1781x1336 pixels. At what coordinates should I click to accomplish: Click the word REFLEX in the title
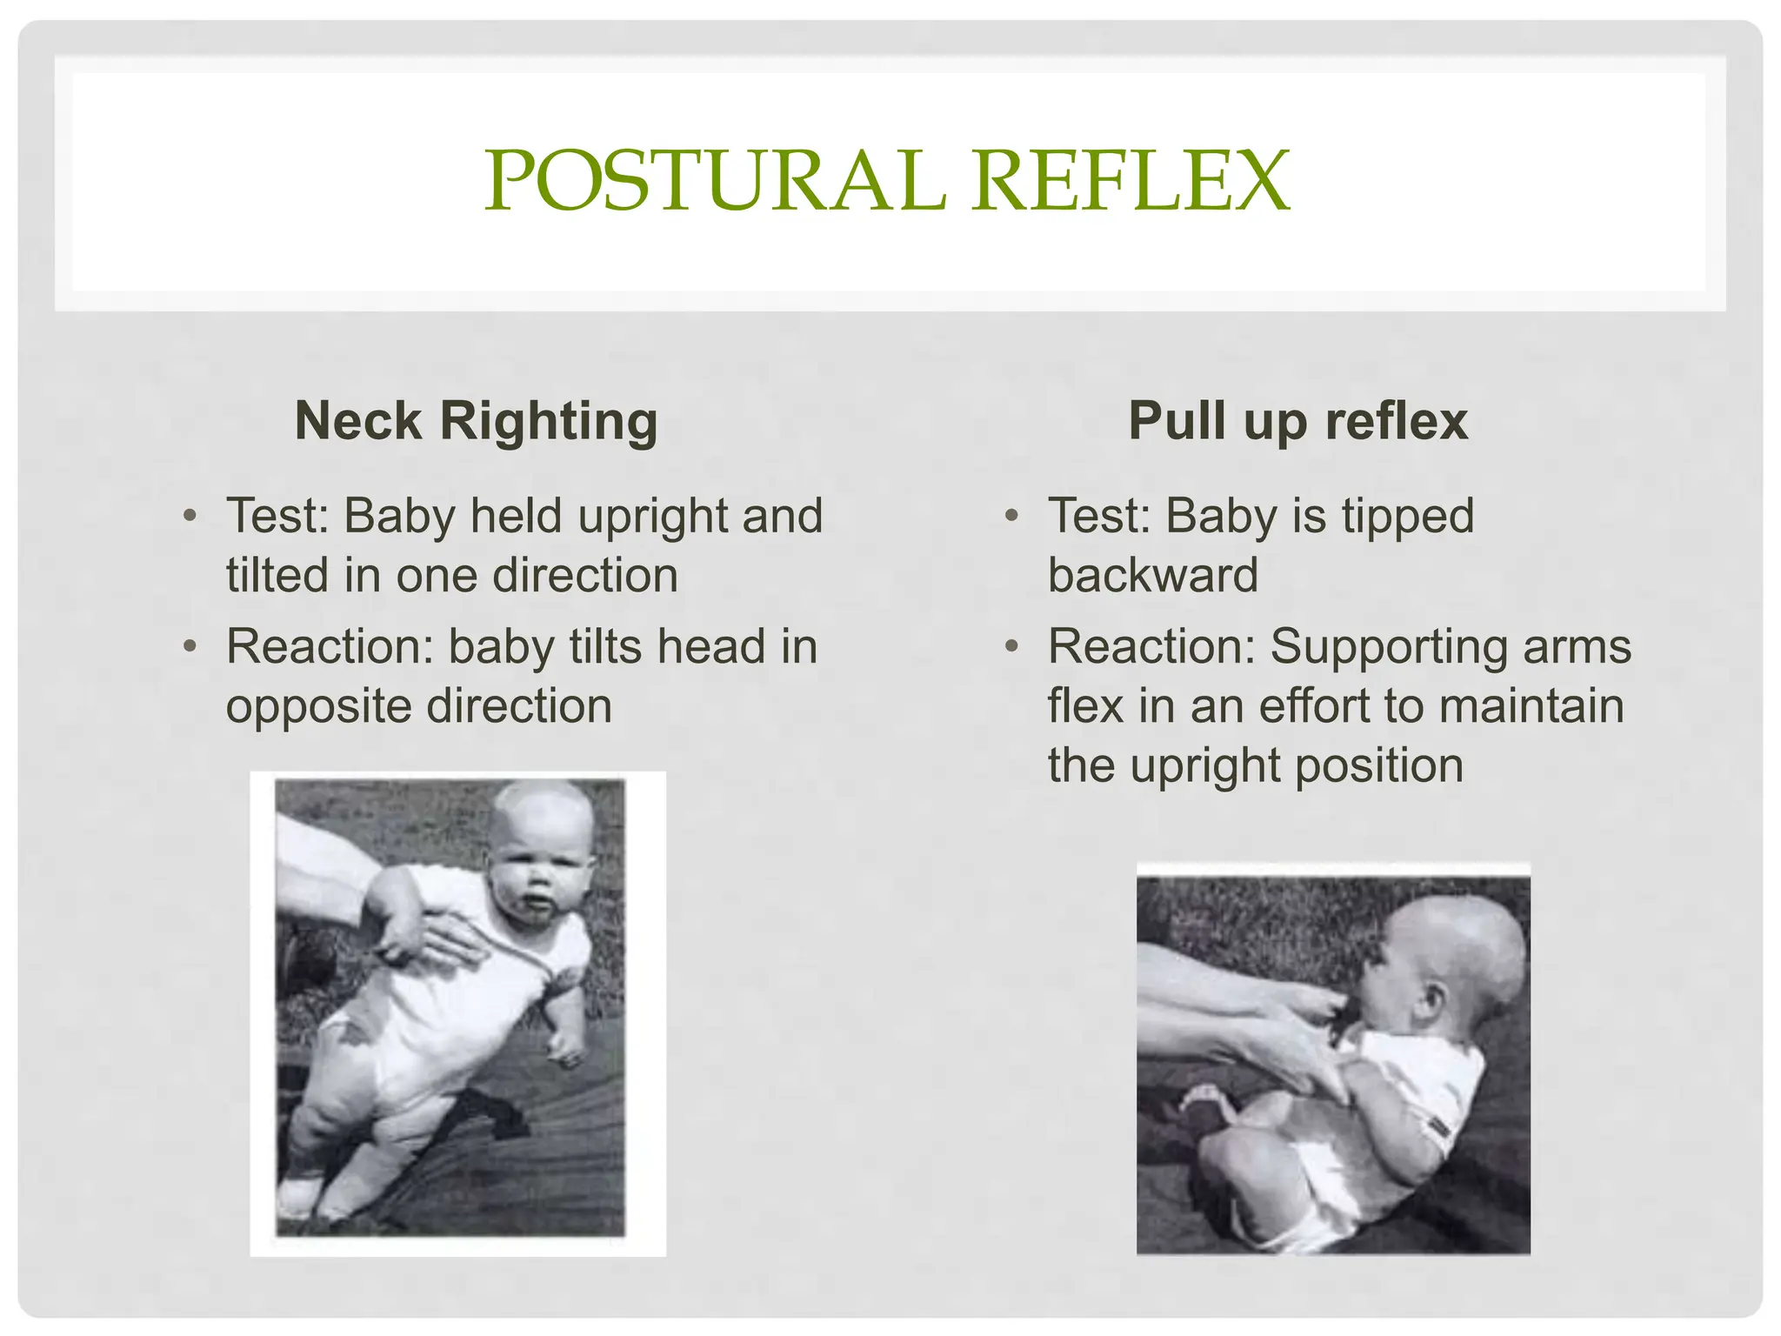click(1130, 181)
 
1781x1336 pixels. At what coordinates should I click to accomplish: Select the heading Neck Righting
click(476, 421)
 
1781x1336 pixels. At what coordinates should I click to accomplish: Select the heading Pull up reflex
click(1297, 421)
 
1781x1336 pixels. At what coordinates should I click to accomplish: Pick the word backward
click(1152, 576)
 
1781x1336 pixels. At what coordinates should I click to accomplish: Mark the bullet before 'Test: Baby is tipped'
click(1011, 516)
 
